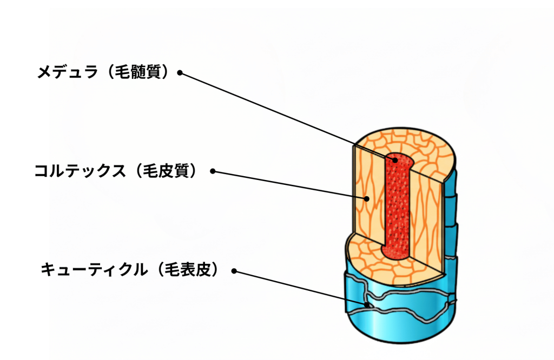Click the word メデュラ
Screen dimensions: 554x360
67,72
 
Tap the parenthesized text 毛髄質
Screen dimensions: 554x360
138,72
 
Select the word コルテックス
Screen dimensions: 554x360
80,171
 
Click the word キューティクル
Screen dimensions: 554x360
94,270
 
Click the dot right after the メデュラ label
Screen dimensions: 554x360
180,73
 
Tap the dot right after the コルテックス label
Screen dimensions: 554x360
213,171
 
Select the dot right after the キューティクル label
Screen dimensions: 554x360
234,271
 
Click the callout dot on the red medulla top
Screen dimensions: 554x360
395,160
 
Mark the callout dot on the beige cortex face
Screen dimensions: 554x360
367,199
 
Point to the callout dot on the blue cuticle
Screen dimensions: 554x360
367,304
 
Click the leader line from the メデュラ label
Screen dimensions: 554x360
287,116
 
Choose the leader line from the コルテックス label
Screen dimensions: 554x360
290,185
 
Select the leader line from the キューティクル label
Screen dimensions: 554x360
300,288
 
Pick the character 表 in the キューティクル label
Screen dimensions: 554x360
188,270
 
